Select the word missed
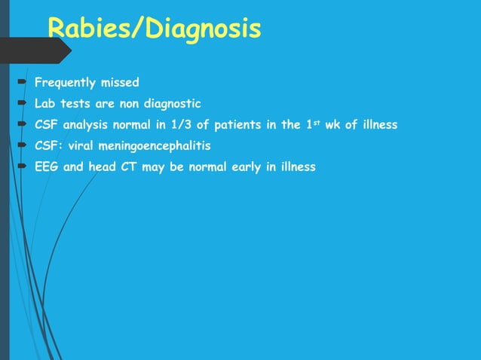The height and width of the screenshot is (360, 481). tap(121, 82)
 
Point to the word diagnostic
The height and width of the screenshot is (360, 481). tap(172, 103)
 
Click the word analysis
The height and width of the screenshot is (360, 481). tap(87, 124)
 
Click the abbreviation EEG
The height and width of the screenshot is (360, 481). tap(47, 166)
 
